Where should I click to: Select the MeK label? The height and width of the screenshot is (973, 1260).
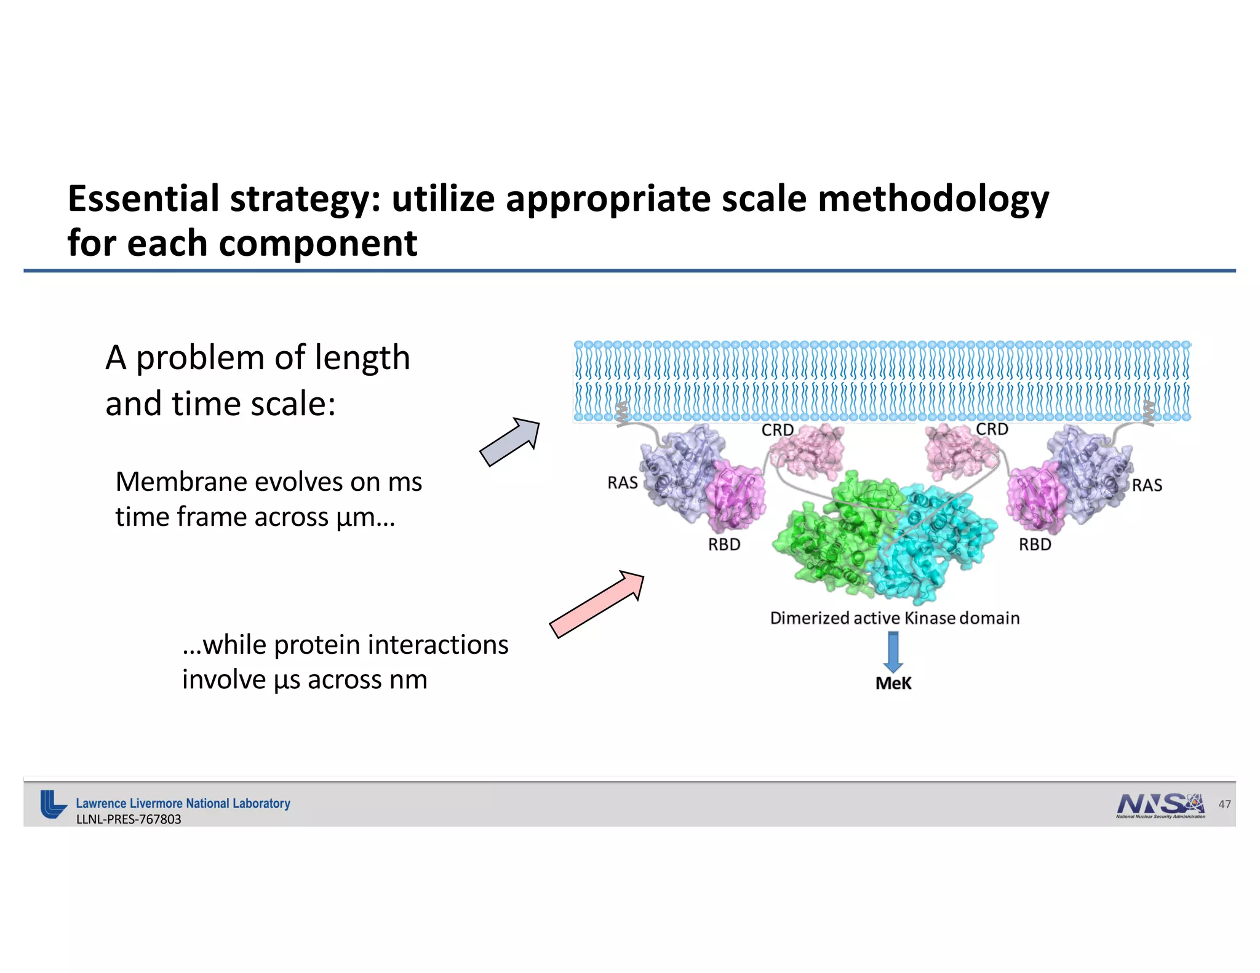(893, 683)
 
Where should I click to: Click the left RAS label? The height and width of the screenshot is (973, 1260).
(622, 483)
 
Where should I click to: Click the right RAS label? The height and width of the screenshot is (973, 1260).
(1147, 486)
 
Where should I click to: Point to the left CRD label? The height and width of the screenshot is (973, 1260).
(777, 431)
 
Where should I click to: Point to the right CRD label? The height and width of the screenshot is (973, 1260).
(992, 429)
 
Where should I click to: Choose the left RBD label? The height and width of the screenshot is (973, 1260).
(724, 545)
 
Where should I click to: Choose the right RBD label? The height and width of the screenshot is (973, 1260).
(1035, 545)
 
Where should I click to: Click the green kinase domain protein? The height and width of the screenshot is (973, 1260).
(824, 535)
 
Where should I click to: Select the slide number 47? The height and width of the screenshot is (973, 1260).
(1224, 804)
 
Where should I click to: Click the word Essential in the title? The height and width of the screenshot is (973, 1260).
(143, 199)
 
